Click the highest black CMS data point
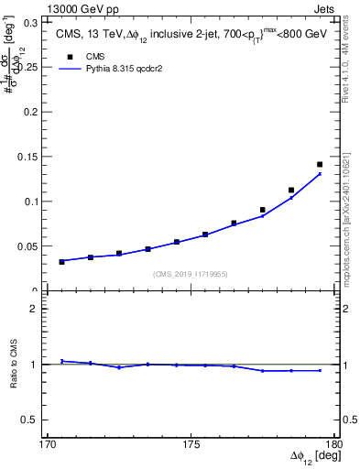[320, 165]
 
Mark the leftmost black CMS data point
[61, 262]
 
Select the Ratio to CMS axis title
[13, 365]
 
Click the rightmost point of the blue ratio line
[320, 370]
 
